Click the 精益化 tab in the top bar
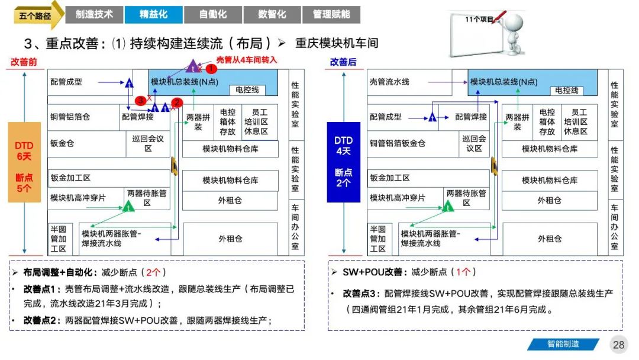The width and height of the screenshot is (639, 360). (153, 14)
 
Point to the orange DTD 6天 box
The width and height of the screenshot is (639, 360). (24, 162)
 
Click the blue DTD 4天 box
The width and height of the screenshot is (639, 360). (343, 162)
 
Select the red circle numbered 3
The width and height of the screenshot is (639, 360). (140, 101)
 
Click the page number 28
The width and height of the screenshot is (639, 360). (619, 345)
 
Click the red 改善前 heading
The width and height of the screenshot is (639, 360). (24, 62)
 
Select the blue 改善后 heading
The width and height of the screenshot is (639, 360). (343, 62)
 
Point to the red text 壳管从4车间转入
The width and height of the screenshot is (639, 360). (247, 60)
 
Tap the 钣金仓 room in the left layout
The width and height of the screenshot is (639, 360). (62, 143)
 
